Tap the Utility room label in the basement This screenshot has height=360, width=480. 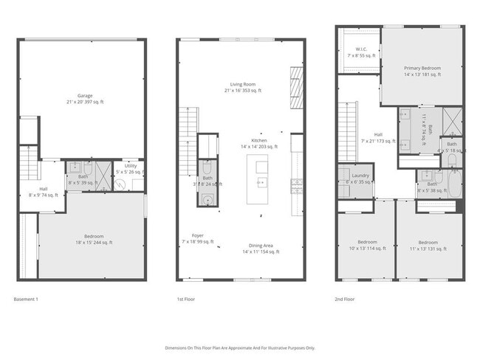click(131, 167)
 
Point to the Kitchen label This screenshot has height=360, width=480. click(258, 140)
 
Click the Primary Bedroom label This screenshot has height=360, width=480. click(422, 67)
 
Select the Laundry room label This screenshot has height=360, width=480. click(360, 176)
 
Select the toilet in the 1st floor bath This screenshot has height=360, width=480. click(207, 167)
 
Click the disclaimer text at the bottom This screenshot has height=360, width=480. click(239, 347)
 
